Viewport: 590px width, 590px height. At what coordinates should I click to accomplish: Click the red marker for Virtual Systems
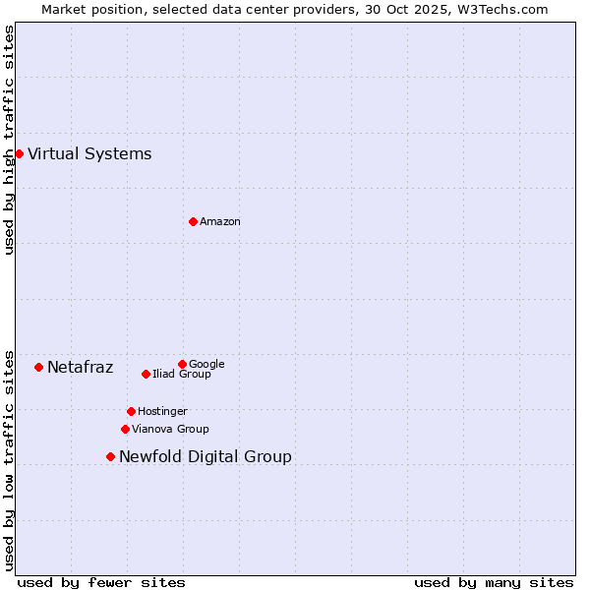[19, 153]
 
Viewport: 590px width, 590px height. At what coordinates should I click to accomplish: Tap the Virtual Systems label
[89, 153]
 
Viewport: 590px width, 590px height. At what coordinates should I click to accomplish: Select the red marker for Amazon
[193, 221]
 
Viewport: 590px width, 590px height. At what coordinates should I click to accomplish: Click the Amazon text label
[220, 222]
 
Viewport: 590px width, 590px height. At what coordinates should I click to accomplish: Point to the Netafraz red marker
[38, 367]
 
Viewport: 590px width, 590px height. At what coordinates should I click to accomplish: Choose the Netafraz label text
[80, 368]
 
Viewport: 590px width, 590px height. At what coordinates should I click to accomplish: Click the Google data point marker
[182, 364]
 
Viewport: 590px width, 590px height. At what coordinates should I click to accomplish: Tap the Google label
[206, 364]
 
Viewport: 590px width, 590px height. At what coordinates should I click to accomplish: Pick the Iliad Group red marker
[146, 374]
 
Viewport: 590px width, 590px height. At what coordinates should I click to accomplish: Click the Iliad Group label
[182, 375]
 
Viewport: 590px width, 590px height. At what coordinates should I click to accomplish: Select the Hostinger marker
[131, 411]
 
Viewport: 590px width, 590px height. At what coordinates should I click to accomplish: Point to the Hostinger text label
[162, 411]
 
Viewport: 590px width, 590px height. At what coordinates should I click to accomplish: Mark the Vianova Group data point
[125, 429]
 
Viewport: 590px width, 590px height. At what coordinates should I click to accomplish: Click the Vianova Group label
[170, 429]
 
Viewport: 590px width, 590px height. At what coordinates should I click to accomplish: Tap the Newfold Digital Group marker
[110, 456]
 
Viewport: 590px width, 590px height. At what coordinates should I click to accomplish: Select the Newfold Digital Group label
[205, 456]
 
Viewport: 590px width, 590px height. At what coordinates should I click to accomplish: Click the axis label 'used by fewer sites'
[101, 582]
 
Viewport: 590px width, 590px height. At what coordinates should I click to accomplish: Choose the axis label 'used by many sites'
[494, 582]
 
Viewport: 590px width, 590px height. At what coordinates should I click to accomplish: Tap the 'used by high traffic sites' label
[9, 140]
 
